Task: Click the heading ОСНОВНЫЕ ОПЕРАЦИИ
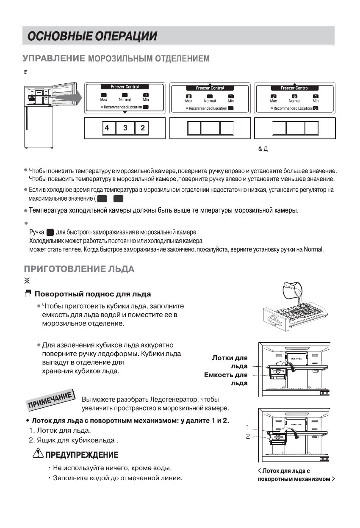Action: coord(92,36)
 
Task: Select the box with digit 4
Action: coord(108,128)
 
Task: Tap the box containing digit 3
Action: coord(125,128)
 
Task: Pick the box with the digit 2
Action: coord(143,128)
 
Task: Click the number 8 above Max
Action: coord(188,96)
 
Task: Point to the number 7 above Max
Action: coord(273,96)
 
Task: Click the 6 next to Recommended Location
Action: coord(315,108)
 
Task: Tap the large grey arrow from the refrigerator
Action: coord(68,98)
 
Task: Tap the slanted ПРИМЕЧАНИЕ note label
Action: coord(50,400)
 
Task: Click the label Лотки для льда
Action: coord(230,362)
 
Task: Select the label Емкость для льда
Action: coord(226,379)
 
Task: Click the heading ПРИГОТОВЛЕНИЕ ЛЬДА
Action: coord(79,269)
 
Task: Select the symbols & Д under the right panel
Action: coord(263,149)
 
